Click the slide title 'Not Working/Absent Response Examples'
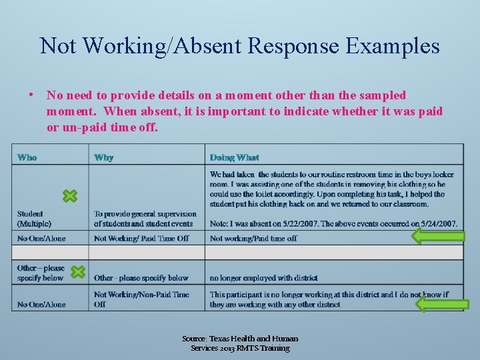240,45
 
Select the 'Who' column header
27,157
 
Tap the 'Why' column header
103,157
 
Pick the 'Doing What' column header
234,157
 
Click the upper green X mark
70,196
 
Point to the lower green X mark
78,272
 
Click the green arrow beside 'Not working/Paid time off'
437,237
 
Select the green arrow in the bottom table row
442,304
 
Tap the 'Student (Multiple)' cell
34,219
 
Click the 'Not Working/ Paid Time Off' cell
141,238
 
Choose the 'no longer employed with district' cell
263,277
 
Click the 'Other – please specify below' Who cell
41,273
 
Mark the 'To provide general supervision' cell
145,219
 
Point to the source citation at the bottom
240,343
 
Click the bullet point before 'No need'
32,95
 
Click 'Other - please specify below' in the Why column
141,277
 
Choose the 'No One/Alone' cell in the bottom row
41,304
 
